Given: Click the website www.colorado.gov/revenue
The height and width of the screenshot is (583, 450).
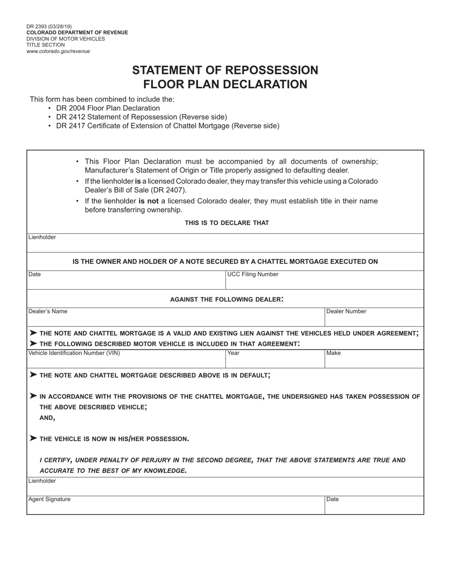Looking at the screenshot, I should (58, 51).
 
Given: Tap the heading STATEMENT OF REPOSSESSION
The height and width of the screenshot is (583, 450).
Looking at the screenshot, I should (225, 70).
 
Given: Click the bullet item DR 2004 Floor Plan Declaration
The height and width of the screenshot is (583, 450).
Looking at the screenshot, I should (108, 108).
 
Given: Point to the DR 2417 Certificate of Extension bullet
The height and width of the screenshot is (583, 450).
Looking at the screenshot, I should (168, 126).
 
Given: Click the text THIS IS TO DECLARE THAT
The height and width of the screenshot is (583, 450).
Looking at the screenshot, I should (226, 223).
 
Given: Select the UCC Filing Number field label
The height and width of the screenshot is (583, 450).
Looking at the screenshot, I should (253, 274).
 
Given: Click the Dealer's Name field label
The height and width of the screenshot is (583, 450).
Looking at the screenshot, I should (48, 311).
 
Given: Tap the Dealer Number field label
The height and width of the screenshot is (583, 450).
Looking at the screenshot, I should (346, 311).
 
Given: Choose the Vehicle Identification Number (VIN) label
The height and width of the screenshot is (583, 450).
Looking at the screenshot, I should (74, 353).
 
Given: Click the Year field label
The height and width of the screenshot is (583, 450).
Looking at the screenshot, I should (234, 353).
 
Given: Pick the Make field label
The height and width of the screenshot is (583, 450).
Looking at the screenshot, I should (333, 353).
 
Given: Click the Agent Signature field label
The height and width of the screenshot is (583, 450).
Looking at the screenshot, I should (49, 499).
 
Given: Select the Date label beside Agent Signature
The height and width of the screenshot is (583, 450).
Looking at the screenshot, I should (333, 499).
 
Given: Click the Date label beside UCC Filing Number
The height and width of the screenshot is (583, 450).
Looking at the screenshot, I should (35, 274).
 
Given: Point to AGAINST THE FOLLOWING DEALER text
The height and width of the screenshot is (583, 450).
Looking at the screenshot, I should (226, 299).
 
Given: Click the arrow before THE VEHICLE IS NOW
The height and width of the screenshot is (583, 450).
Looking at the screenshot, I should (33, 438).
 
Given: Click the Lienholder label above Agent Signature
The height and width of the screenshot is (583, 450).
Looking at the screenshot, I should (42, 481).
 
